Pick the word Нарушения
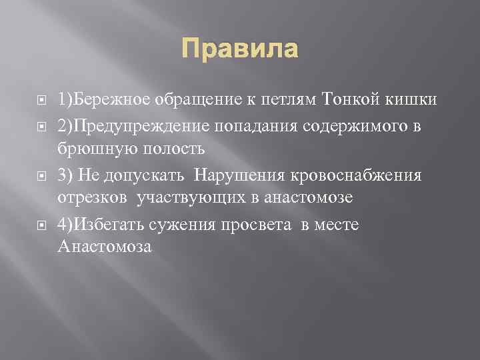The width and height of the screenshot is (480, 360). (x=229, y=175)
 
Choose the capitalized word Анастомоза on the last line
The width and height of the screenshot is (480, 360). (x=105, y=247)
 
